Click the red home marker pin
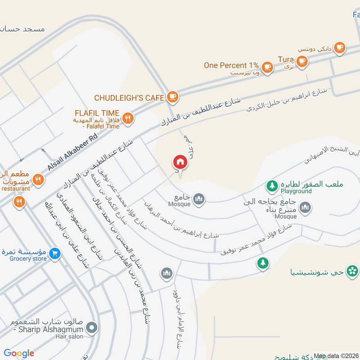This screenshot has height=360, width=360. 180,162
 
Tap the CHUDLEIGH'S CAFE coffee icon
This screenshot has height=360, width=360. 172,96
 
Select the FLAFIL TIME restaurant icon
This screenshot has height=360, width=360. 128,118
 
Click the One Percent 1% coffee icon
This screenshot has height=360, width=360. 268,67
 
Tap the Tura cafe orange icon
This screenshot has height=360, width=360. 302,60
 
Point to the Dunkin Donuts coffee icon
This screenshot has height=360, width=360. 339,47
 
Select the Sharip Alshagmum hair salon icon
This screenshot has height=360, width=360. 92,328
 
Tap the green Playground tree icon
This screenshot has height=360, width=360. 271,184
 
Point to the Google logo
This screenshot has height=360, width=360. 19,353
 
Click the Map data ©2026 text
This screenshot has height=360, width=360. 335,356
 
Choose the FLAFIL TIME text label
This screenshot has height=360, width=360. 98,113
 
